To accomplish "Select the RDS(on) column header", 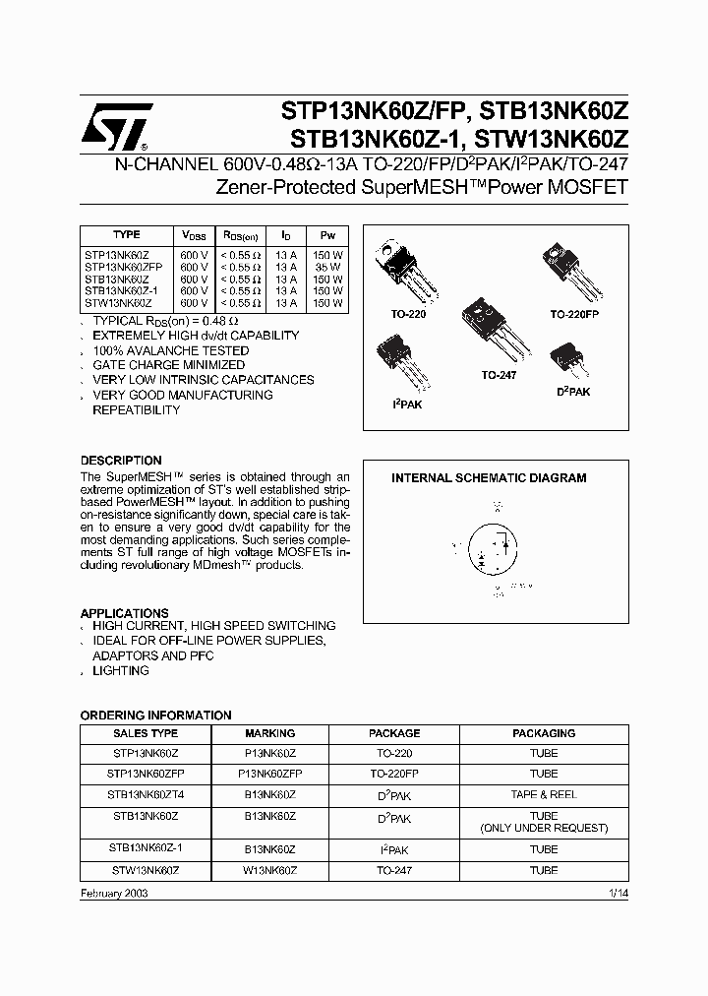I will point(241,237).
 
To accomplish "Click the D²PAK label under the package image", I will point(573,392).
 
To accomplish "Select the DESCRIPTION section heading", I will point(121,461).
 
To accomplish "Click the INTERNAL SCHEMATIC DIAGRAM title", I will point(489,478).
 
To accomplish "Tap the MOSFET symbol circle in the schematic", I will point(494,547).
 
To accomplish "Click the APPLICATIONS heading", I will point(124,612).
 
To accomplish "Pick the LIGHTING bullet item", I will point(121,670).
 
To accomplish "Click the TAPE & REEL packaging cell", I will point(543,793).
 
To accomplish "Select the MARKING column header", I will point(269,733).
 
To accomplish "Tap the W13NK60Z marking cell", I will point(269,871).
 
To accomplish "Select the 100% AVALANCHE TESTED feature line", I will point(171,350).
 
